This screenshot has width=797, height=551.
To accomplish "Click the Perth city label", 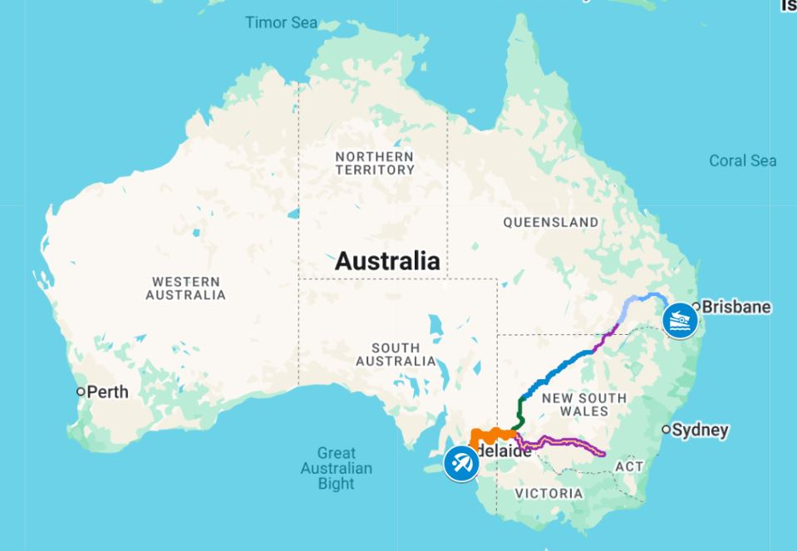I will coord(108,391).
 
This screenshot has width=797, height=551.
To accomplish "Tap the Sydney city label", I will coord(701,430).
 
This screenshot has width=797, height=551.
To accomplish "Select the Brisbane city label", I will coord(736,307).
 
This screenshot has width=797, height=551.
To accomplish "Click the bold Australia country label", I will coord(387,261).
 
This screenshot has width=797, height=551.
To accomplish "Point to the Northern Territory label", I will coord(375,163).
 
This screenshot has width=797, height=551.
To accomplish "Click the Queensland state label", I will coord(550,222).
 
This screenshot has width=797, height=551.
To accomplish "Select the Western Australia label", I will coord(185,288).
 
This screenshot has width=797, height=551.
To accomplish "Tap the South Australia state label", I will coord(396,354).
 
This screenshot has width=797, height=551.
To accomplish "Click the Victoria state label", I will coord(549,494).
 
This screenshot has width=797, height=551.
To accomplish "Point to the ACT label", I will coord(629,466).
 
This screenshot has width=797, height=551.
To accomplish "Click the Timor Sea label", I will coord(281,22).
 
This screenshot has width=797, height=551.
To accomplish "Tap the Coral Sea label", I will coord(742,160).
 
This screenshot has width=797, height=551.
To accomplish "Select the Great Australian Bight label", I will coord(336,468).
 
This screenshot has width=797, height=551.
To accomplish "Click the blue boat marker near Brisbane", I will coord(680,320).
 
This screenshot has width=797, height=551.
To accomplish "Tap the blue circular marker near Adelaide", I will coord(460,463).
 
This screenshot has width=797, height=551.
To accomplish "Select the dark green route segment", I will coord(521,410).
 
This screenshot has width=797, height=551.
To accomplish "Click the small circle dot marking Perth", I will coord(81,391).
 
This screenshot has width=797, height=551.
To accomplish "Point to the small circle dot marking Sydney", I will coord(666,430).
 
